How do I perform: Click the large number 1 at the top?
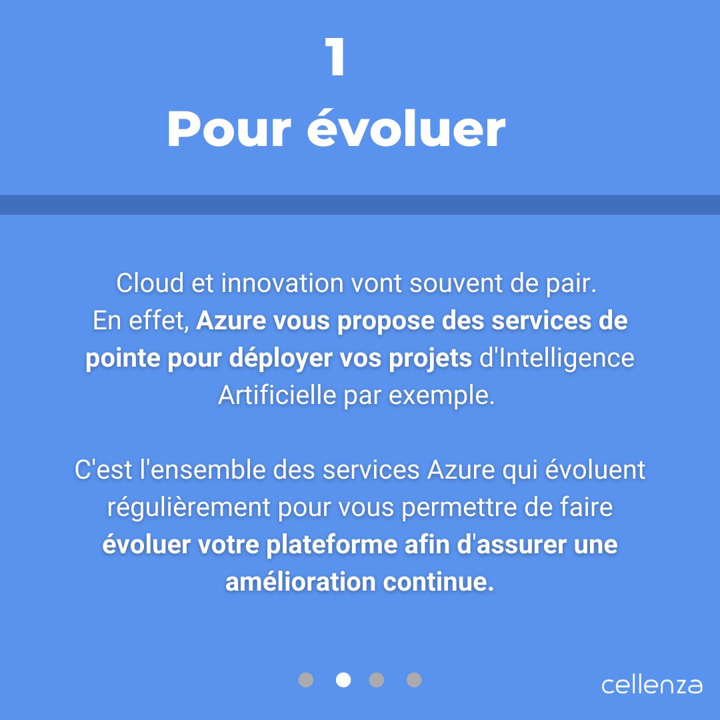point(336,58)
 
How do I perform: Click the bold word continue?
point(439,583)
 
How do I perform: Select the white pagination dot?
point(343,679)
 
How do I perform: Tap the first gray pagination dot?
point(305,679)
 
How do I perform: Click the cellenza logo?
point(651,685)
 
